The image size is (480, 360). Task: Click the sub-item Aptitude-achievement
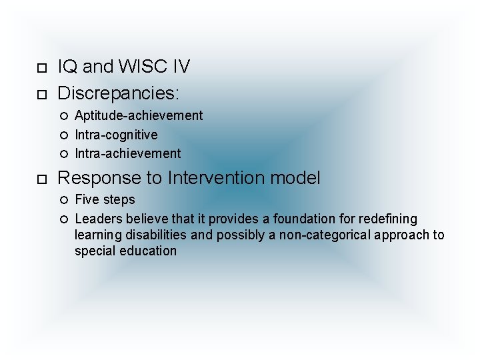(139, 115)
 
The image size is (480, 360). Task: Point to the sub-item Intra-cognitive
(116, 135)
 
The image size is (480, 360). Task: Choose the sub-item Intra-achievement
(127, 154)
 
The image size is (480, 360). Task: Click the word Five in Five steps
(86, 199)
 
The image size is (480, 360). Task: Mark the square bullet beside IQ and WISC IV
(41, 68)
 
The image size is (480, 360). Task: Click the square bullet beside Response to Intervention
(41, 179)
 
